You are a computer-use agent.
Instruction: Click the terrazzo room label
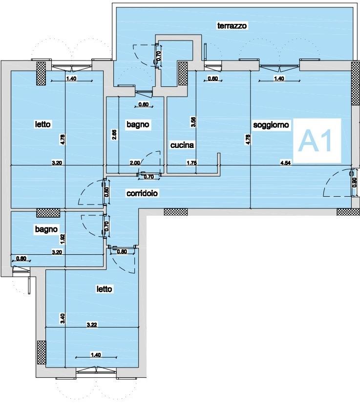[232, 26]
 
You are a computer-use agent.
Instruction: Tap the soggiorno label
[271, 125]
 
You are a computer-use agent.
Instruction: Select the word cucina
[182, 145]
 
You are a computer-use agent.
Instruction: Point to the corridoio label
[142, 193]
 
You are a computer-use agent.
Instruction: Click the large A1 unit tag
[317, 141]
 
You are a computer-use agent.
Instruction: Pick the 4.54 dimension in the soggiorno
[285, 163]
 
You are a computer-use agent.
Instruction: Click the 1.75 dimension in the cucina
[191, 163]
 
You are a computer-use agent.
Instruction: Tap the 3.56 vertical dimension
[193, 122]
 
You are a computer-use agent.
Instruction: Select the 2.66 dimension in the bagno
[114, 135]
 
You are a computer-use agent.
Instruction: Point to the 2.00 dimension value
[135, 163]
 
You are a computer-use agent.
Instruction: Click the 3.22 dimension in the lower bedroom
[92, 325]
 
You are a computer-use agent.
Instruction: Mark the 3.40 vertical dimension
[63, 319]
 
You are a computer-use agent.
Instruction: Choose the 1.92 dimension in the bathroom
[63, 239]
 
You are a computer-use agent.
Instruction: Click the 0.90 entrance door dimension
[355, 183]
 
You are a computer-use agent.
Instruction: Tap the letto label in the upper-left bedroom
[43, 124]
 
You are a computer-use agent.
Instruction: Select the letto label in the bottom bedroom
[104, 289]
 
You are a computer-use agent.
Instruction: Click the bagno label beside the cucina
[138, 124]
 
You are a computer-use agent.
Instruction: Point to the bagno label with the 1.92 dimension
[46, 229]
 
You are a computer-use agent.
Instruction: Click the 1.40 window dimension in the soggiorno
[279, 78]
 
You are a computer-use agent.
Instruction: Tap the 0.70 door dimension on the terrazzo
[159, 56]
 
